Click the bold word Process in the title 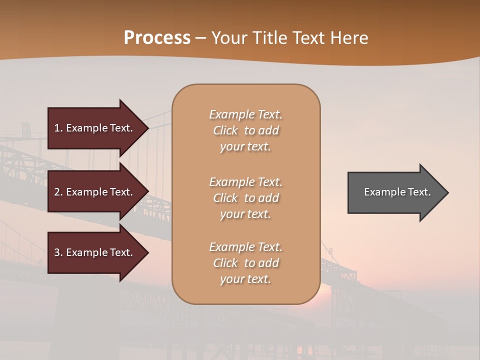[x=157, y=38]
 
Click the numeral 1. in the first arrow [x=58, y=128]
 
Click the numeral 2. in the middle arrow [x=58, y=192]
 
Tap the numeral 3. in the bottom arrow [x=58, y=252]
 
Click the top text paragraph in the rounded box [x=245, y=130]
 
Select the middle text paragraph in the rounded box [x=245, y=198]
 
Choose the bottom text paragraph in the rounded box [x=245, y=263]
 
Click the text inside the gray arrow [x=397, y=192]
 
